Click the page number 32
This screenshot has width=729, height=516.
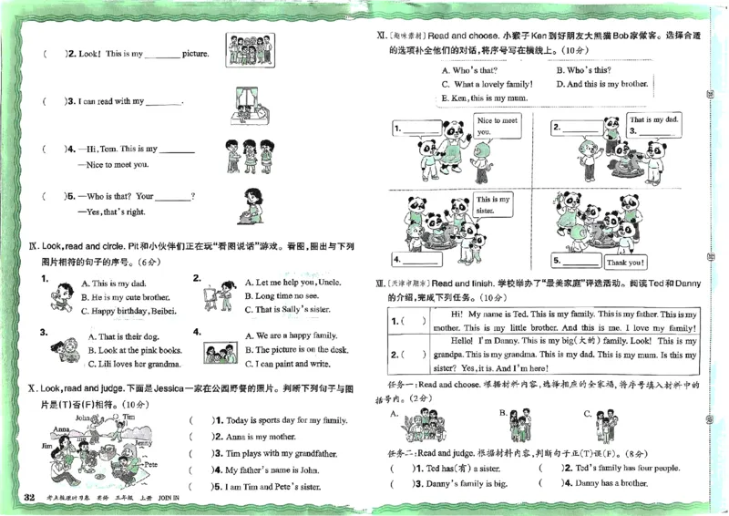coord(29,497)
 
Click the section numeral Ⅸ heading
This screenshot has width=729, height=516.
coord(34,246)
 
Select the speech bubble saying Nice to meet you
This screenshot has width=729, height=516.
coord(497,126)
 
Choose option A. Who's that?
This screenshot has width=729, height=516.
coord(469,70)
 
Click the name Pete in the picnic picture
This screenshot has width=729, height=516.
coord(151,464)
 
